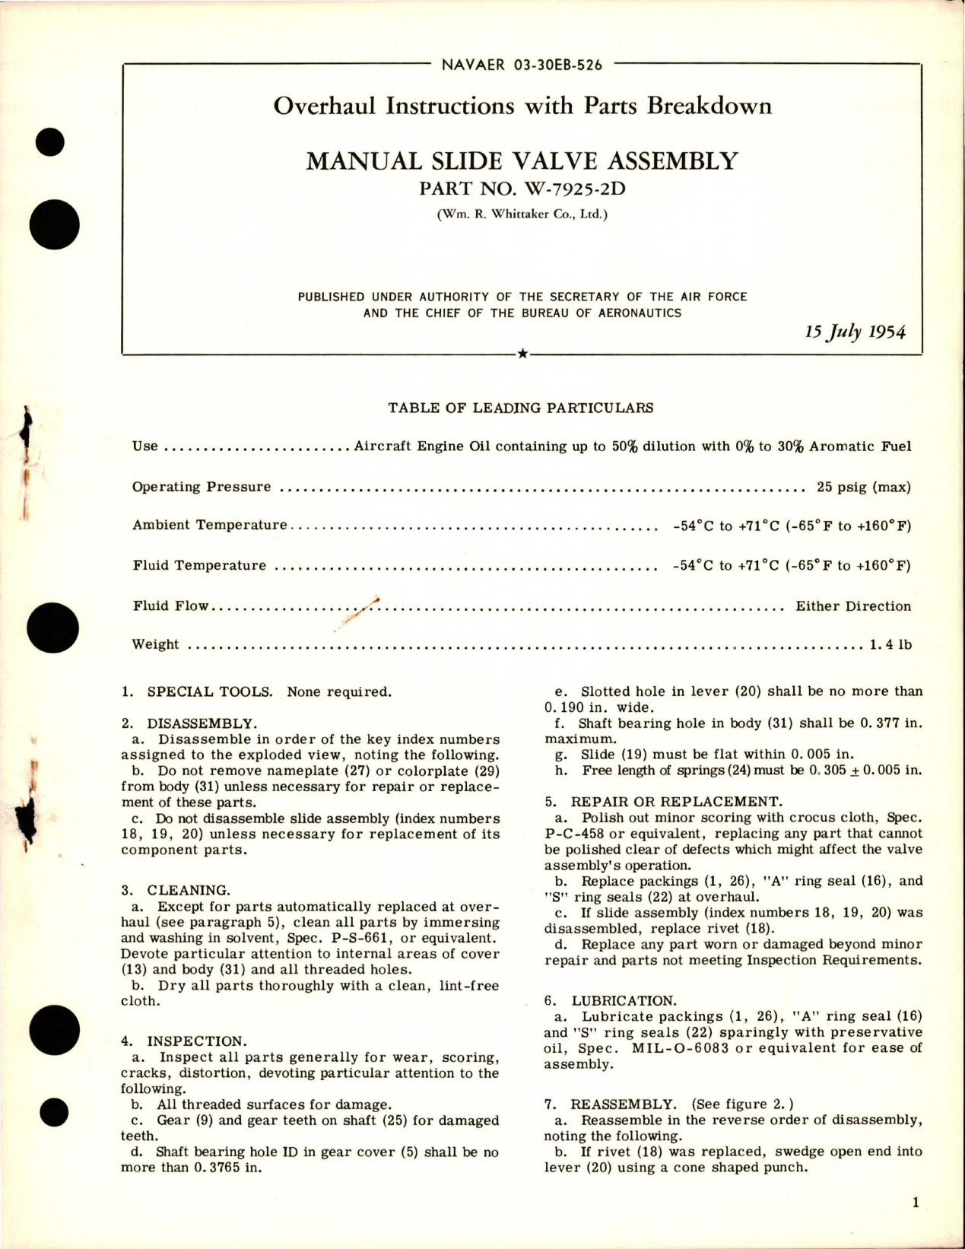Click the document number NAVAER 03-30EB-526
click(522, 65)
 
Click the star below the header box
click(522, 354)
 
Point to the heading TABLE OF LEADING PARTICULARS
click(521, 408)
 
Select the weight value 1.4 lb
click(890, 644)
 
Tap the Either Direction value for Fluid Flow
click(852, 606)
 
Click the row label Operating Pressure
click(202, 487)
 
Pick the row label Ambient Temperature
click(210, 526)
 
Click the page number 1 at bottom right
click(916, 1203)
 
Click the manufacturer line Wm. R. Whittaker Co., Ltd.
click(522, 215)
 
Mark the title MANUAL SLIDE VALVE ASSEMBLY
click(522, 160)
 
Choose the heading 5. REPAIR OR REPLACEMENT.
click(662, 802)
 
